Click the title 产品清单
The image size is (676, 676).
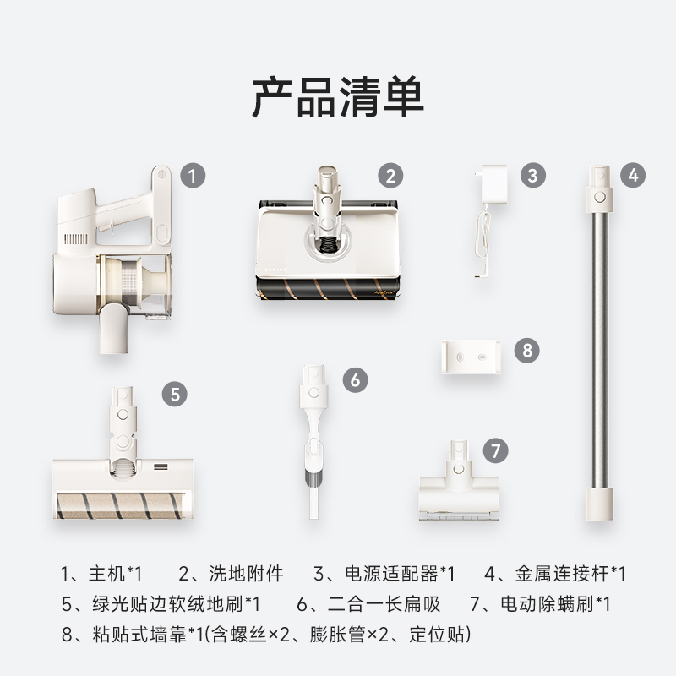[338, 98]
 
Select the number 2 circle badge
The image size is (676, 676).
[390, 176]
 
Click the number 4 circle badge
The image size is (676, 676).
[633, 176]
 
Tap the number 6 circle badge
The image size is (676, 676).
[355, 379]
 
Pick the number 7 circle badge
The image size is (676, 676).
[496, 449]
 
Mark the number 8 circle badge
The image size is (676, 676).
[526, 350]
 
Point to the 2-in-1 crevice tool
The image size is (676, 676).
[312, 439]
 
